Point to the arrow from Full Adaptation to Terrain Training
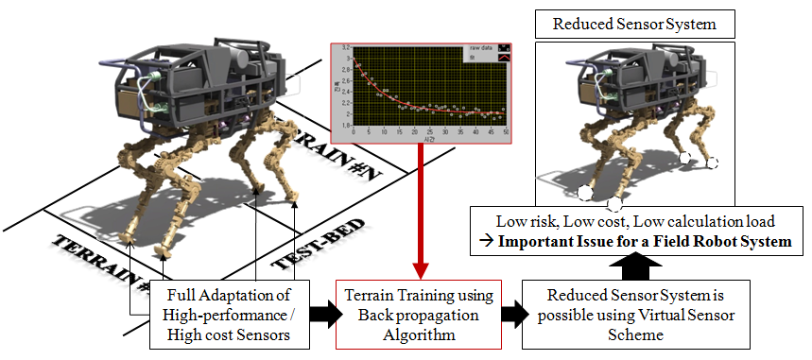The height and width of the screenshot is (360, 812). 319,308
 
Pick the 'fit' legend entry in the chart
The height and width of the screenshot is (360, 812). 470,57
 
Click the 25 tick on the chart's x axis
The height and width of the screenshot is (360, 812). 429,132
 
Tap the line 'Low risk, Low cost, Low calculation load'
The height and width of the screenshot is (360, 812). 636,220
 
